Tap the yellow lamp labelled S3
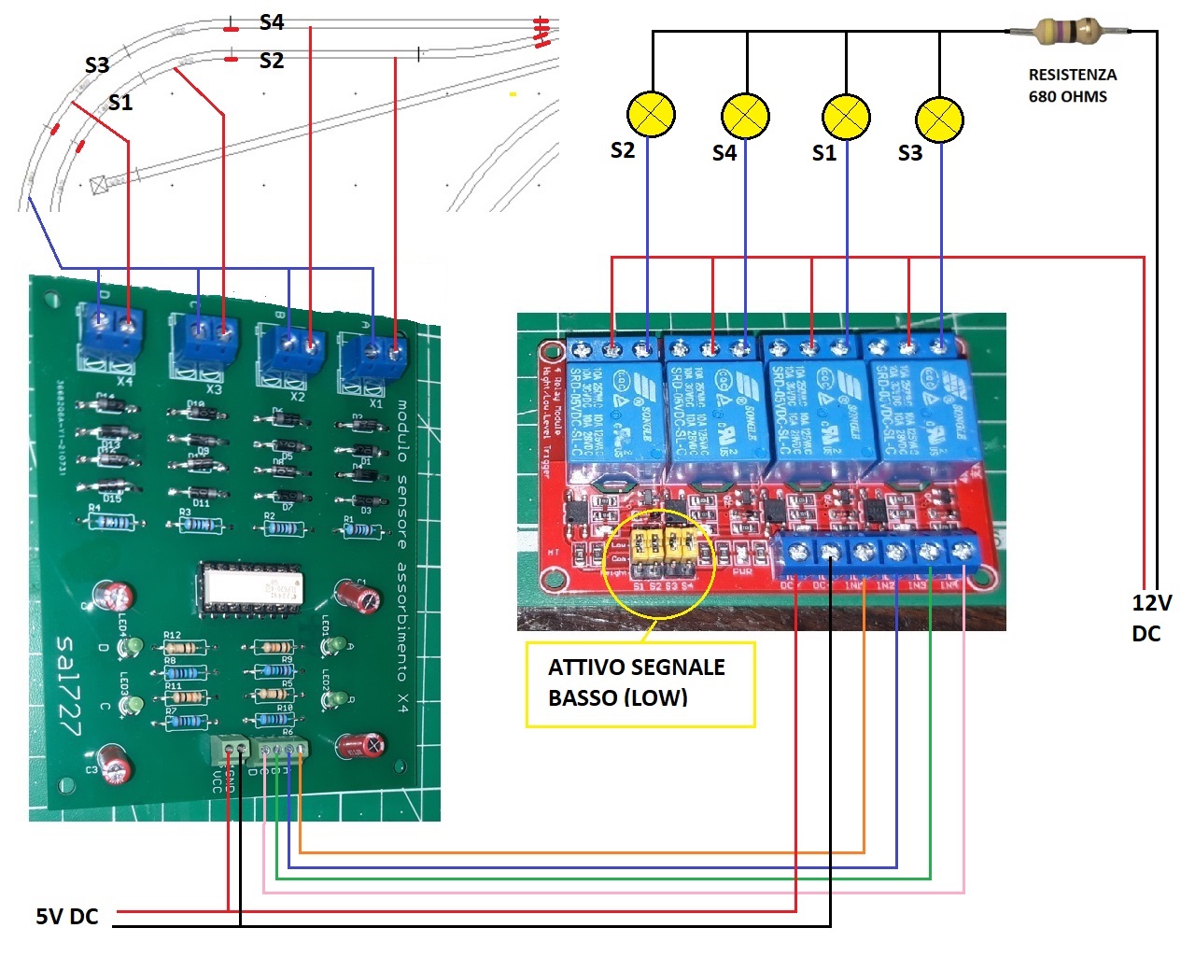(939, 119)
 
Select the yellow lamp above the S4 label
(745, 116)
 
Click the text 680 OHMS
(1067, 96)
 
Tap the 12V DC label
(1150, 618)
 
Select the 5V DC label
(67, 916)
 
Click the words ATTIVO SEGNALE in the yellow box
(636, 668)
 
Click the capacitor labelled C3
(118, 765)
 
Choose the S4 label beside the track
(272, 21)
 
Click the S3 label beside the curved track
(97, 64)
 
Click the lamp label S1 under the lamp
(823, 153)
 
